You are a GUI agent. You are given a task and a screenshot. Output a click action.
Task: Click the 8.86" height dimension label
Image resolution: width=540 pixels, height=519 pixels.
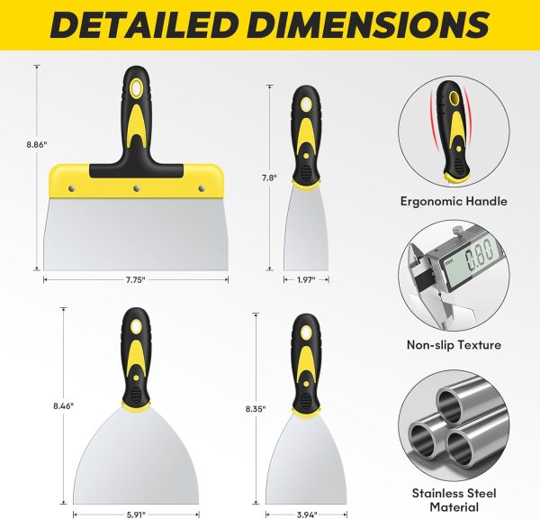pyautogui.click(x=37, y=144)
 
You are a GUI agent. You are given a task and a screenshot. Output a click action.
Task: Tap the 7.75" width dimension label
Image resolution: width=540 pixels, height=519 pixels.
pyautogui.click(x=136, y=279)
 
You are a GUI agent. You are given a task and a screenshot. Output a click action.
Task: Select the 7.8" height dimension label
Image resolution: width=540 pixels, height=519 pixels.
pyautogui.click(x=269, y=178)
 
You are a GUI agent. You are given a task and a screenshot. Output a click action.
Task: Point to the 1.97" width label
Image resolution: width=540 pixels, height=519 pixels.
pyautogui.click(x=306, y=279)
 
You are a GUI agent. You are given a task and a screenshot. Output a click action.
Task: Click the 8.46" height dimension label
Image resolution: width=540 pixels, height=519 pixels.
pyautogui.click(x=63, y=405)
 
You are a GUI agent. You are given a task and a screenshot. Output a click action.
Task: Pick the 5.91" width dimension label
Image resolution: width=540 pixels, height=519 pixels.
pyautogui.click(x=136, y=514)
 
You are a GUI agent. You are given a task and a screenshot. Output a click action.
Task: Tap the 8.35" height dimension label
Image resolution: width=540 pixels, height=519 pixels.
pyautogui.click(x=256, y=409)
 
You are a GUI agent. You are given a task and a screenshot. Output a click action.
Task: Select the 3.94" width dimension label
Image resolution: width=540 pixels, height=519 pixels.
pyautogui.click(x=307, y=514)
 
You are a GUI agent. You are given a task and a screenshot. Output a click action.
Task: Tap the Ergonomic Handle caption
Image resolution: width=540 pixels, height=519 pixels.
pyautogui.click(x=454, y=201)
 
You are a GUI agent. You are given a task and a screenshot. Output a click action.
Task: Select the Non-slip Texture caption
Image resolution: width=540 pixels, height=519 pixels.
pyautogui.click(x=454, y=344)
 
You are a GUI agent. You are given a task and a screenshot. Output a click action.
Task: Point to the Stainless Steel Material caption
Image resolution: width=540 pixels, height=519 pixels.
pyautogui.click(x=454, y=500)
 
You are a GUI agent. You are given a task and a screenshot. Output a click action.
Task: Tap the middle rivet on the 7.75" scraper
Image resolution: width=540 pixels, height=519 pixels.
pyautogui.click(x=137, y=188)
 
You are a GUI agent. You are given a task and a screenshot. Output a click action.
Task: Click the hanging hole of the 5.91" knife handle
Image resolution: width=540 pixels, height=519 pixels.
pyautogui.click(x=136, y=326)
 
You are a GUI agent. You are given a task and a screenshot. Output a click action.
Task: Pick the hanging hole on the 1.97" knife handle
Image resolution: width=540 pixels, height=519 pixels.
pyautogui.click(x=306, y=105)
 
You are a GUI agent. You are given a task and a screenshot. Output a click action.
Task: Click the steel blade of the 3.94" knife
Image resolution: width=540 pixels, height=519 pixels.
pyautogui.click(x=306, y=462)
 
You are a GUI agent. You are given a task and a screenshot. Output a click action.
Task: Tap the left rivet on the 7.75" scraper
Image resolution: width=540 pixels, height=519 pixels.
pyautogui.click(x=72, y=188)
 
